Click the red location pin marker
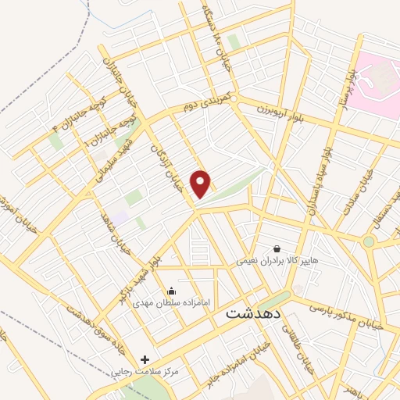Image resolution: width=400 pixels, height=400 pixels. (x=202, y=183)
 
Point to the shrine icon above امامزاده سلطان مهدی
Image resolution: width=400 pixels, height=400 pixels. (x=171, y=291)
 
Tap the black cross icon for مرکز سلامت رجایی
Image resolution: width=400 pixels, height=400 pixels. (x=144, y=359)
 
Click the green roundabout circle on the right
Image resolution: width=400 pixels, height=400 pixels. (x=368, y=241)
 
